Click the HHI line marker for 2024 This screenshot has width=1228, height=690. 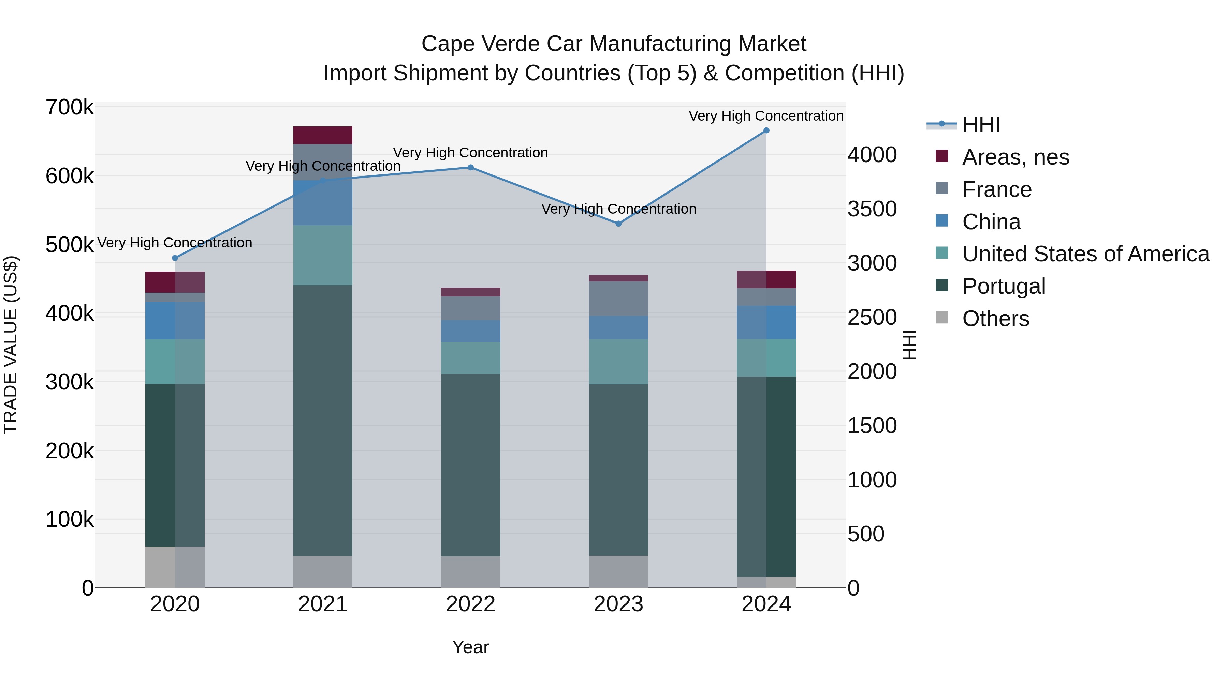(766, 131)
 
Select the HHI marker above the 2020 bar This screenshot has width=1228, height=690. (175, 258)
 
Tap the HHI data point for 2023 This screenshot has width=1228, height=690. (618, 224)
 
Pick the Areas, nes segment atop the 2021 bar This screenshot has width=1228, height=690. (323, 135)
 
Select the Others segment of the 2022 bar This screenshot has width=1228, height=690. (470, 571)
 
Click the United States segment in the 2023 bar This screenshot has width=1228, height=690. (618, 362)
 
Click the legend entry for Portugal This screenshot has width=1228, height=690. (1004, 286)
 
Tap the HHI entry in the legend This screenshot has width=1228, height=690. (981, 125)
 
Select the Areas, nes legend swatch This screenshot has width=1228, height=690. (942, 156)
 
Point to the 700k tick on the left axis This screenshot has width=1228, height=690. (70, 108)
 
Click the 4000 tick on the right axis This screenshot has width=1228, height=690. (872, 155)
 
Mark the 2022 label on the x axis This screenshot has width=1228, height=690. (470, 604)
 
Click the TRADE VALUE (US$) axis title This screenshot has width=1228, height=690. (11, 345)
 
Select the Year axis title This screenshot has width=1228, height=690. (470, 647)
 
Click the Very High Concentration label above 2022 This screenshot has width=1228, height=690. (470, 153)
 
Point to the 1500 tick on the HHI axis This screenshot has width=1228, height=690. (872, 426)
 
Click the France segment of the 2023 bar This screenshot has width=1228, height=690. (618, 298)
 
